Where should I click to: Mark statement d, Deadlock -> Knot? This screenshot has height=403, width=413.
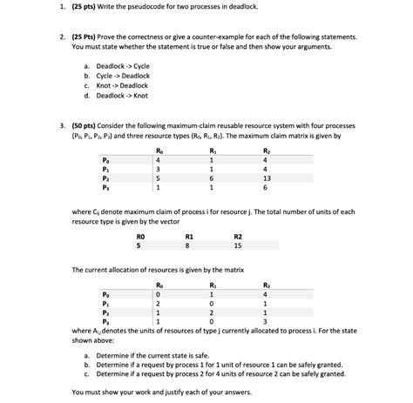click(x=119, y=95)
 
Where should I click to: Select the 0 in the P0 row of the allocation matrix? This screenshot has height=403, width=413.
click(x=158, y=293)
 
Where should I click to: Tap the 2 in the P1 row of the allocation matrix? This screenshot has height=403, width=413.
click(x=158, y=303)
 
